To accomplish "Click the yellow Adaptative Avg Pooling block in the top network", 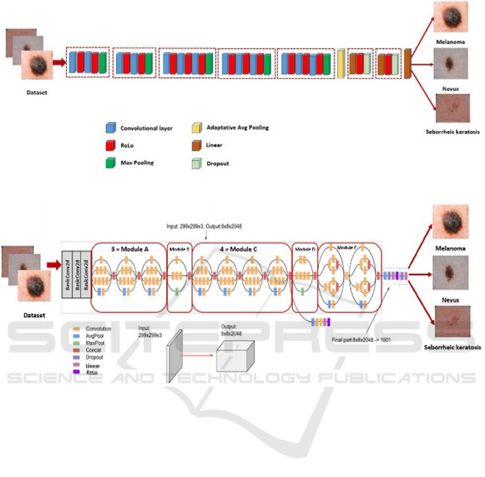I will coord(341,64).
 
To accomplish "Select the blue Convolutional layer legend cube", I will coord(110,128).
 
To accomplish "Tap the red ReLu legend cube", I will coord(110,145).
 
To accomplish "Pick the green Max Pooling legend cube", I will coord(110,163).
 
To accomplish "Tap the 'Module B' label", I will coord(179,249).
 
